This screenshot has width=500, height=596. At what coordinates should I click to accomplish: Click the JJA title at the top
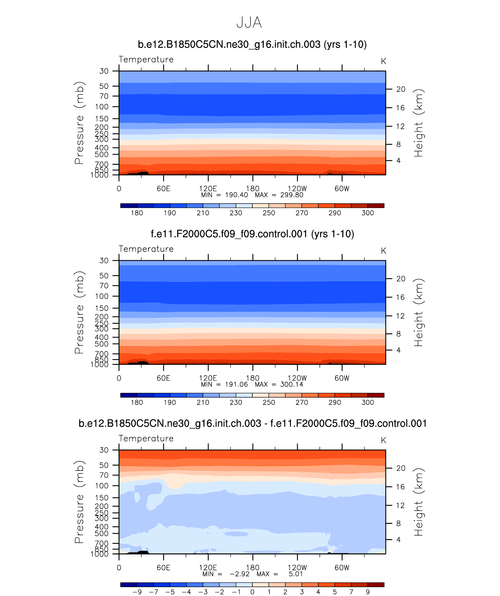pyautogui.click(x=249, y=23)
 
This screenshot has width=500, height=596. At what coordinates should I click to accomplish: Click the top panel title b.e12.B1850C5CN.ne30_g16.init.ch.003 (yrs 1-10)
pyautogui.click(x=252, y=44)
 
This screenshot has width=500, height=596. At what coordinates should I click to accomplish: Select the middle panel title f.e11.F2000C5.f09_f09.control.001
pyautogui.click(x=252, y=234)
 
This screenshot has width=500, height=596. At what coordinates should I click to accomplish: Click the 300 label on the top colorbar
pyautogui.click(x=368, y=213)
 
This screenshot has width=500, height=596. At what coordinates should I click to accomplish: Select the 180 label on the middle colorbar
pyautogui.click(x=137, y=402)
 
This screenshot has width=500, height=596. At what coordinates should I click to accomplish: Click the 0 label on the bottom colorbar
pyautogui.click(x=252, y=592)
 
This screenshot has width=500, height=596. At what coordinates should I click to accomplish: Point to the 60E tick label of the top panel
pyautogui.click(x=163, y=189)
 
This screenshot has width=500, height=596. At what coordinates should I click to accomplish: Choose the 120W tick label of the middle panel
pyautogui.click(x=297, y=378)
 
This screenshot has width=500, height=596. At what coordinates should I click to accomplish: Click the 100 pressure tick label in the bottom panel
pyautogui.click(x=101, y=486)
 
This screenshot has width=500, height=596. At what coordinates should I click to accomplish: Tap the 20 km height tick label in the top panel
pyautogui.click(x=401, y=89)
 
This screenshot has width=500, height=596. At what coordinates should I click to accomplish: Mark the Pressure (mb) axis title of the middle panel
pyautogui.click(x=79, y=312)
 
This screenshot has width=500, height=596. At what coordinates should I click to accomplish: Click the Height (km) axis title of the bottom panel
pyautogui.click(x=418, y=502)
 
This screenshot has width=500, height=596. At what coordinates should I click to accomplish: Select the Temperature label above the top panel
pyautogui.click(x=146, y=59)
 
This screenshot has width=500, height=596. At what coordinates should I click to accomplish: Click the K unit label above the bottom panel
pyautogui.click(x=383, y=440)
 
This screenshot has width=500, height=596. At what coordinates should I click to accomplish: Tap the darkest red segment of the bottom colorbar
pyautogui.click(x=376, y=585)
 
